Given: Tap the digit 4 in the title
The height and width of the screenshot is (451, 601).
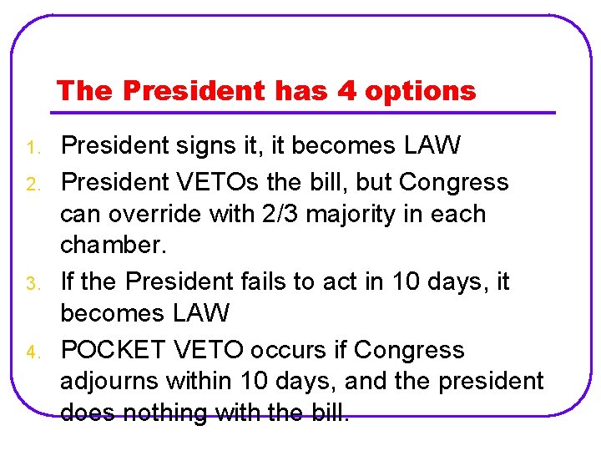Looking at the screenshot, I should pyautogui.click(x=346, y=90).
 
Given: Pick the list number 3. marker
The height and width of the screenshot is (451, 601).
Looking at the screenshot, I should pyautogui.click(x=33, y=285).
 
